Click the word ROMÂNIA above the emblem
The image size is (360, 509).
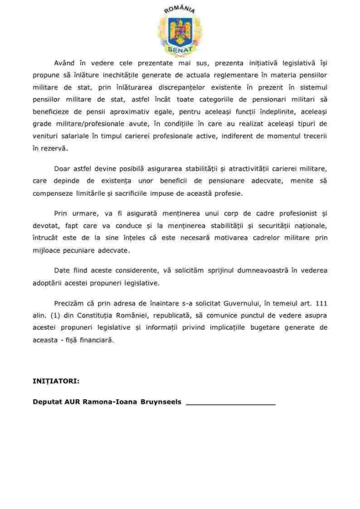tap(180, 8)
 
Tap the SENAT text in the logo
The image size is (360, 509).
tap(180, 50)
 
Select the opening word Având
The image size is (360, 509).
tap(66, 63)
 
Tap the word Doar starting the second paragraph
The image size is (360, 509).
tap(63, 169)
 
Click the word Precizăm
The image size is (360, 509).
tap(70, 303)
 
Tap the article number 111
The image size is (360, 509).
tap(322, 303)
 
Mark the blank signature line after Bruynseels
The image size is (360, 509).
tap(230, 403)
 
